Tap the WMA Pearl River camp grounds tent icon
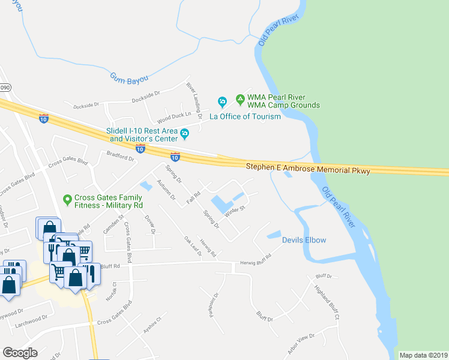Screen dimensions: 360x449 [240, 98]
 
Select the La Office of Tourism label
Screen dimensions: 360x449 [244, 116]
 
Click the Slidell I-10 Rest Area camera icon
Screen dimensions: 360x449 [184, 133]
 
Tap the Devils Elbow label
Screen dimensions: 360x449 [304, 241]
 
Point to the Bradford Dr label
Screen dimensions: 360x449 [120, 157]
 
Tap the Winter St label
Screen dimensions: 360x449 [235, 211]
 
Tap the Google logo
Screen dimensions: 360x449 [20, 353]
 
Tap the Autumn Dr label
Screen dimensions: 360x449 [165, 189]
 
